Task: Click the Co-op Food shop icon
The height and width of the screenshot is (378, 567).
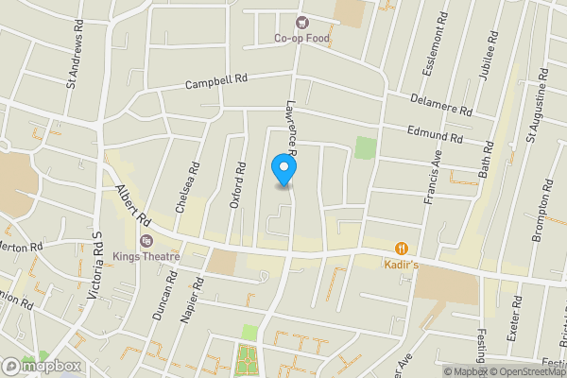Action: point(301,22)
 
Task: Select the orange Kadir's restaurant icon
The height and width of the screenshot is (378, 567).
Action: point(402,248)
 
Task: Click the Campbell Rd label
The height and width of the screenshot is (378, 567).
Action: point(215,82)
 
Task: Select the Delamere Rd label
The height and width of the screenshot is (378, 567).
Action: point(440,104)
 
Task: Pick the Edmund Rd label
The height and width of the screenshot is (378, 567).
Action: point(435,134)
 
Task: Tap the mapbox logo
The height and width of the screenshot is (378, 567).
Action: point(41,366)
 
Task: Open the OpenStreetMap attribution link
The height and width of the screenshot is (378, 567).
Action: point(525,371)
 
